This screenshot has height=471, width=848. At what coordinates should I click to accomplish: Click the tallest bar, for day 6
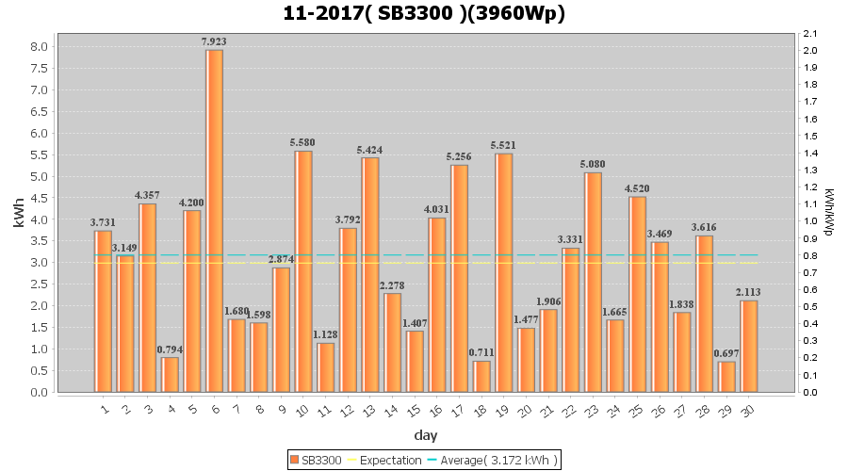214,220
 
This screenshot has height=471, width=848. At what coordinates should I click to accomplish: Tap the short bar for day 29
726,377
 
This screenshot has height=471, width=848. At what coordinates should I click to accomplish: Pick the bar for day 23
593,282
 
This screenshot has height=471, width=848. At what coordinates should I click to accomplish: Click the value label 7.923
214,41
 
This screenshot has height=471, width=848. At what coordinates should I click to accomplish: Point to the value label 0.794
170,349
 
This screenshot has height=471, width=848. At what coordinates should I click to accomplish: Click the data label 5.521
504,145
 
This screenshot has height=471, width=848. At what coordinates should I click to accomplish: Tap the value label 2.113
749,292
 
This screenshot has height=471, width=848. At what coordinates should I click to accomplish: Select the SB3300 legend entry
316,460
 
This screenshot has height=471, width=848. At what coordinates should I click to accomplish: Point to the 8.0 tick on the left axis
39,46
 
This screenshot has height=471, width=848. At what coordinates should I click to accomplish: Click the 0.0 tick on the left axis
39,392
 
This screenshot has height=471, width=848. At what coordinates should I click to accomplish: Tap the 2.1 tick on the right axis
809,33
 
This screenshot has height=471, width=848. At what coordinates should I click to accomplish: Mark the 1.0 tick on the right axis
809,221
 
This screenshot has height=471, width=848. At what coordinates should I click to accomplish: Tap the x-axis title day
424,435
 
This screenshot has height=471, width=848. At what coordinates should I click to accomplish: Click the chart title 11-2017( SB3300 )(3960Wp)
424,13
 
